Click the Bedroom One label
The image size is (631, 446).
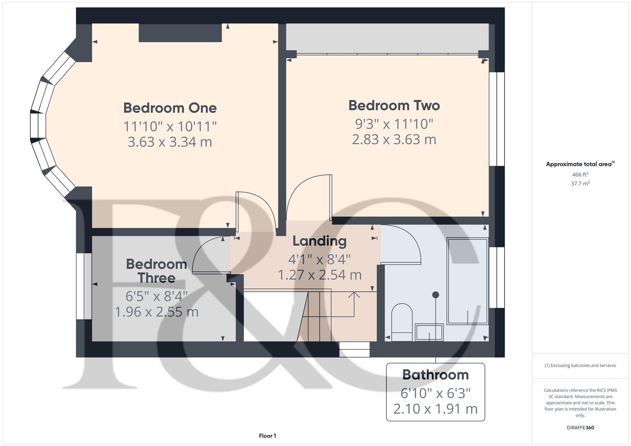[x=170, y=108]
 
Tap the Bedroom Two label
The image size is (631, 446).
[x=394, y=105]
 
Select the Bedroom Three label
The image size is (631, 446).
[x=156, y=271]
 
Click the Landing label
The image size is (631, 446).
[x=319, y=241]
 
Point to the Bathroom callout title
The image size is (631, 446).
[x=435, y=375]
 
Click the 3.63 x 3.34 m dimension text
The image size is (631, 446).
[x=170, y=142]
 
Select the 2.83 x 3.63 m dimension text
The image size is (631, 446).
[x=394, y=139]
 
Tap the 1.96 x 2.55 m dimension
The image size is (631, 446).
[x=156, y=312]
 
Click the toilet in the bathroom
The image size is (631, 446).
[x=402, y=322]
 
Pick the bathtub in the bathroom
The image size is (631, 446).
[x=467, y=281]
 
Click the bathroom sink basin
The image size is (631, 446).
[x=429, y=332]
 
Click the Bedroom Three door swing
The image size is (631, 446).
[x=211, y=255]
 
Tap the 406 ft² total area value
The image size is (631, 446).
[x=580, y=175]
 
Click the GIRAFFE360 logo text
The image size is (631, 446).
[x=580, y=427]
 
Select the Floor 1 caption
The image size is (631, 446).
[x=267, y=436]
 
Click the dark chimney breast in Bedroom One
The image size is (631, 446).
[x=180, y=33]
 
